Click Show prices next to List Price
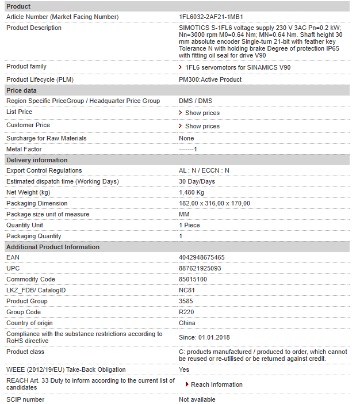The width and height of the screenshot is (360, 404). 202,113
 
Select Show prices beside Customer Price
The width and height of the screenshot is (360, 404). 202,126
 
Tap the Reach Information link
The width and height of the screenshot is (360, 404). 216,384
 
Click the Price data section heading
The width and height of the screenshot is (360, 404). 21,90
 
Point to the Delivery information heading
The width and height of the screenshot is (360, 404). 37,160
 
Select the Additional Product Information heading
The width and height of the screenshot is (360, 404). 53,247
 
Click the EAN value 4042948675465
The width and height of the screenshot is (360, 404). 202,258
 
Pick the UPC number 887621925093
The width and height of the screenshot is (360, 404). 200,269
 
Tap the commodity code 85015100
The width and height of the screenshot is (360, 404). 193,280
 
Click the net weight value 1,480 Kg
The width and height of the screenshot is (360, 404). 192,192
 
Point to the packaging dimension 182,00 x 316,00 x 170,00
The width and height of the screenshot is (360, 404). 215,203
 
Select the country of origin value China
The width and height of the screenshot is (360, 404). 187,323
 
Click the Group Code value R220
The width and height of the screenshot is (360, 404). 186,312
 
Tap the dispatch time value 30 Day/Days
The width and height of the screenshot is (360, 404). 197,181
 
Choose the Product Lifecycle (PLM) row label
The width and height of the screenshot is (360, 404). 40,79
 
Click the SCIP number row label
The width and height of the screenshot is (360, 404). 25,399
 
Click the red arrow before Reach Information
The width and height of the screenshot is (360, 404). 187,384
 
